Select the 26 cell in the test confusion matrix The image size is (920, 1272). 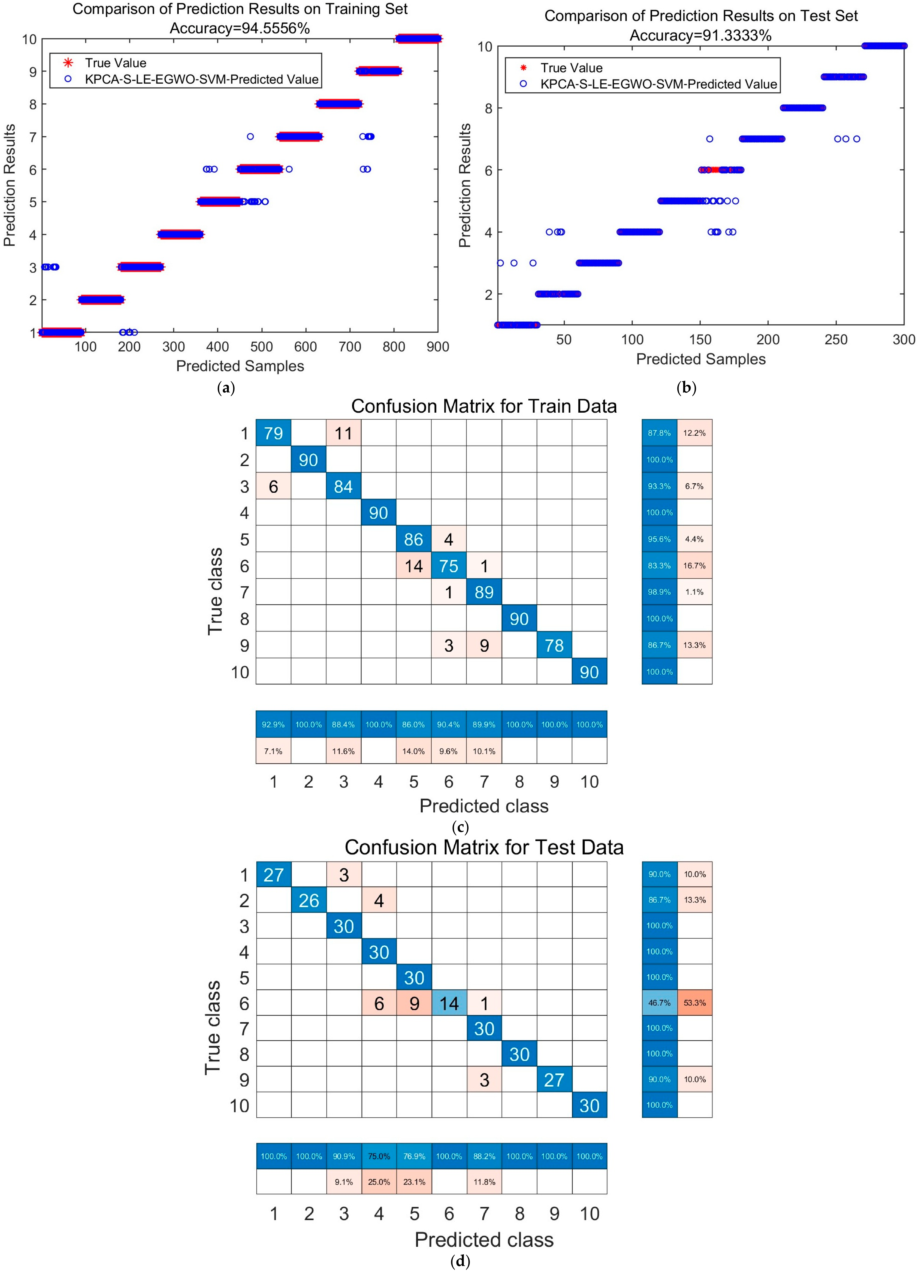point(309,900)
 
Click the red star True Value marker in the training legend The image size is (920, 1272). point(68,63)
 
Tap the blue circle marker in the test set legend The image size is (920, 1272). point(523,84)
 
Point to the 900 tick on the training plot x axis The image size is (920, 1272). point(438,347)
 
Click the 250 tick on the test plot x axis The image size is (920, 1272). point(836,339)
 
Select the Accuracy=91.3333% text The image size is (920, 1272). point(701,35)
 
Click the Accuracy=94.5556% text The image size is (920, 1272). point(240,28)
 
